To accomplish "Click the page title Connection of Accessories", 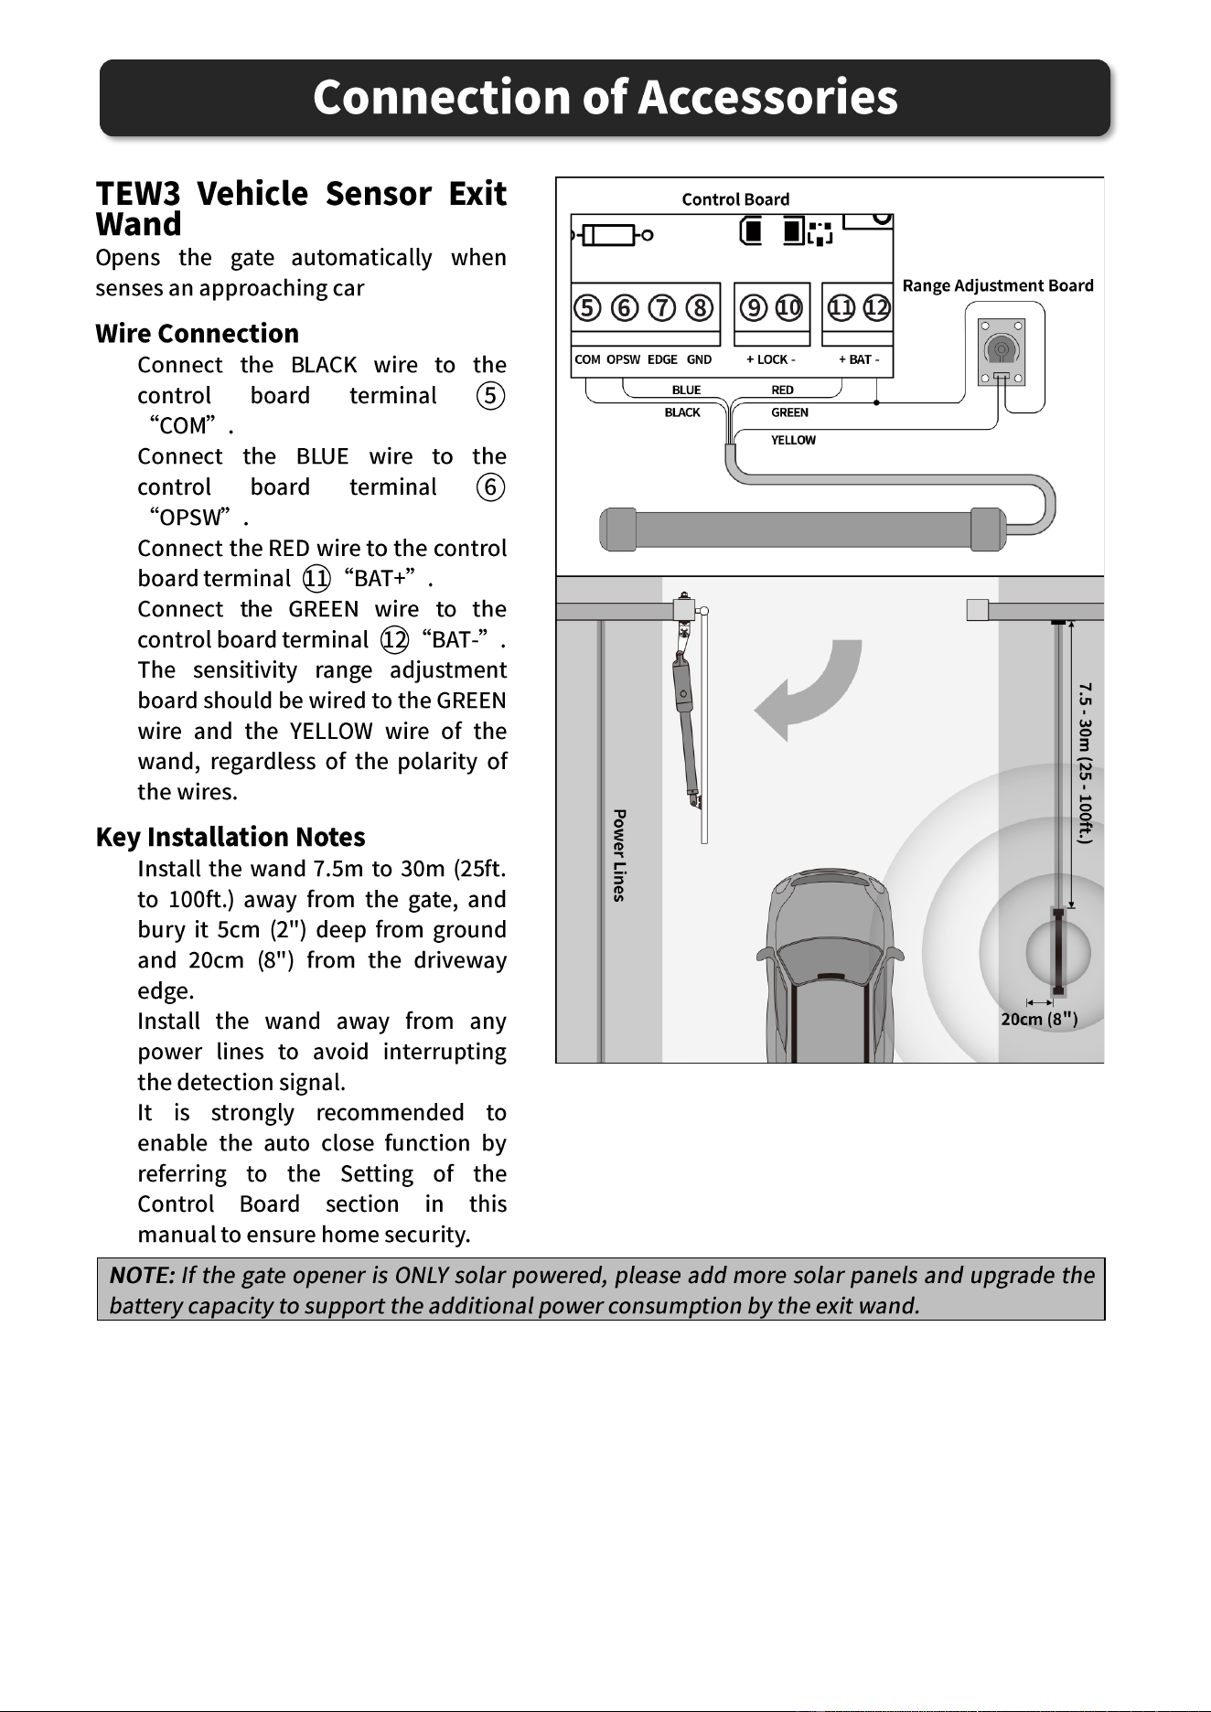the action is (605, 97).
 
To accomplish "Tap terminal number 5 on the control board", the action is (587, 307).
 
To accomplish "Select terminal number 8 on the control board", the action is (700, 307).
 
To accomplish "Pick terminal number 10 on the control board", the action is (788, 307).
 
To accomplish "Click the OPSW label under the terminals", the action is (623, 359).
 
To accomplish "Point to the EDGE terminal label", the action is (662, 359).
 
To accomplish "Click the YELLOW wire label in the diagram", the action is (793, 440).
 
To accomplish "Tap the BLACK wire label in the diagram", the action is (682, 412).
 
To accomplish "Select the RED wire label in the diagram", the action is (782, 390).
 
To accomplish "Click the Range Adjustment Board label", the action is (998, 285).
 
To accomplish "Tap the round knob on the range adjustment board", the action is (1002, 349).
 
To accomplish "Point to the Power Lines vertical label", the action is (619, 855).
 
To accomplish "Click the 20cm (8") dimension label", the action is (1039, 1019).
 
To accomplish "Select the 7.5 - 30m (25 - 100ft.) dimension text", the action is (1085, 763).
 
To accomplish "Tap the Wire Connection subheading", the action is (198, 333).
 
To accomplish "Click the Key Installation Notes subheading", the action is (230, 837).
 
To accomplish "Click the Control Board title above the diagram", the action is (735, 199).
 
